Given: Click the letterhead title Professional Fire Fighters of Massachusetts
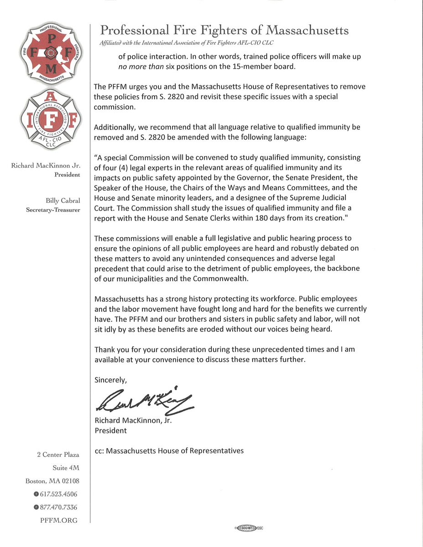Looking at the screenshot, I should [225, 31].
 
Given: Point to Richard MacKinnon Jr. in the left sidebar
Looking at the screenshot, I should [46, 165].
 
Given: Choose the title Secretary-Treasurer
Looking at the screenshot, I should [53, 210].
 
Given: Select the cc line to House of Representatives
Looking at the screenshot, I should [169, 451].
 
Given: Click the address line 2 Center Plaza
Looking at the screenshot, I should [58, 454].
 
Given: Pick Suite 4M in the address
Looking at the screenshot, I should [66, 468].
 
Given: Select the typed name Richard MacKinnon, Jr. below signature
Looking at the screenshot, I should [132, 421].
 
